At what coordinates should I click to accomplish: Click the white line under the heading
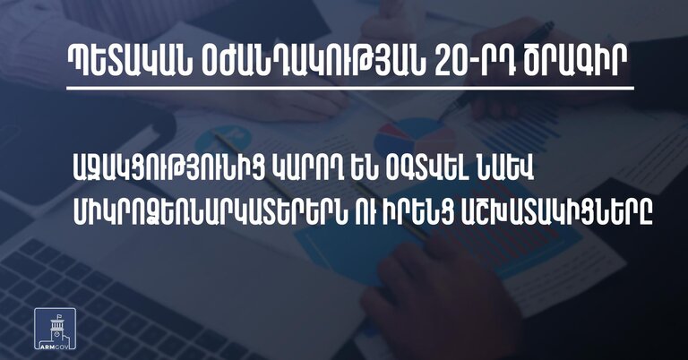(350, 89)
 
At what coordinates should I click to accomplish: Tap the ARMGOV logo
(55, 329)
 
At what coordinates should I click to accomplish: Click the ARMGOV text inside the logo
(55, 345)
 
